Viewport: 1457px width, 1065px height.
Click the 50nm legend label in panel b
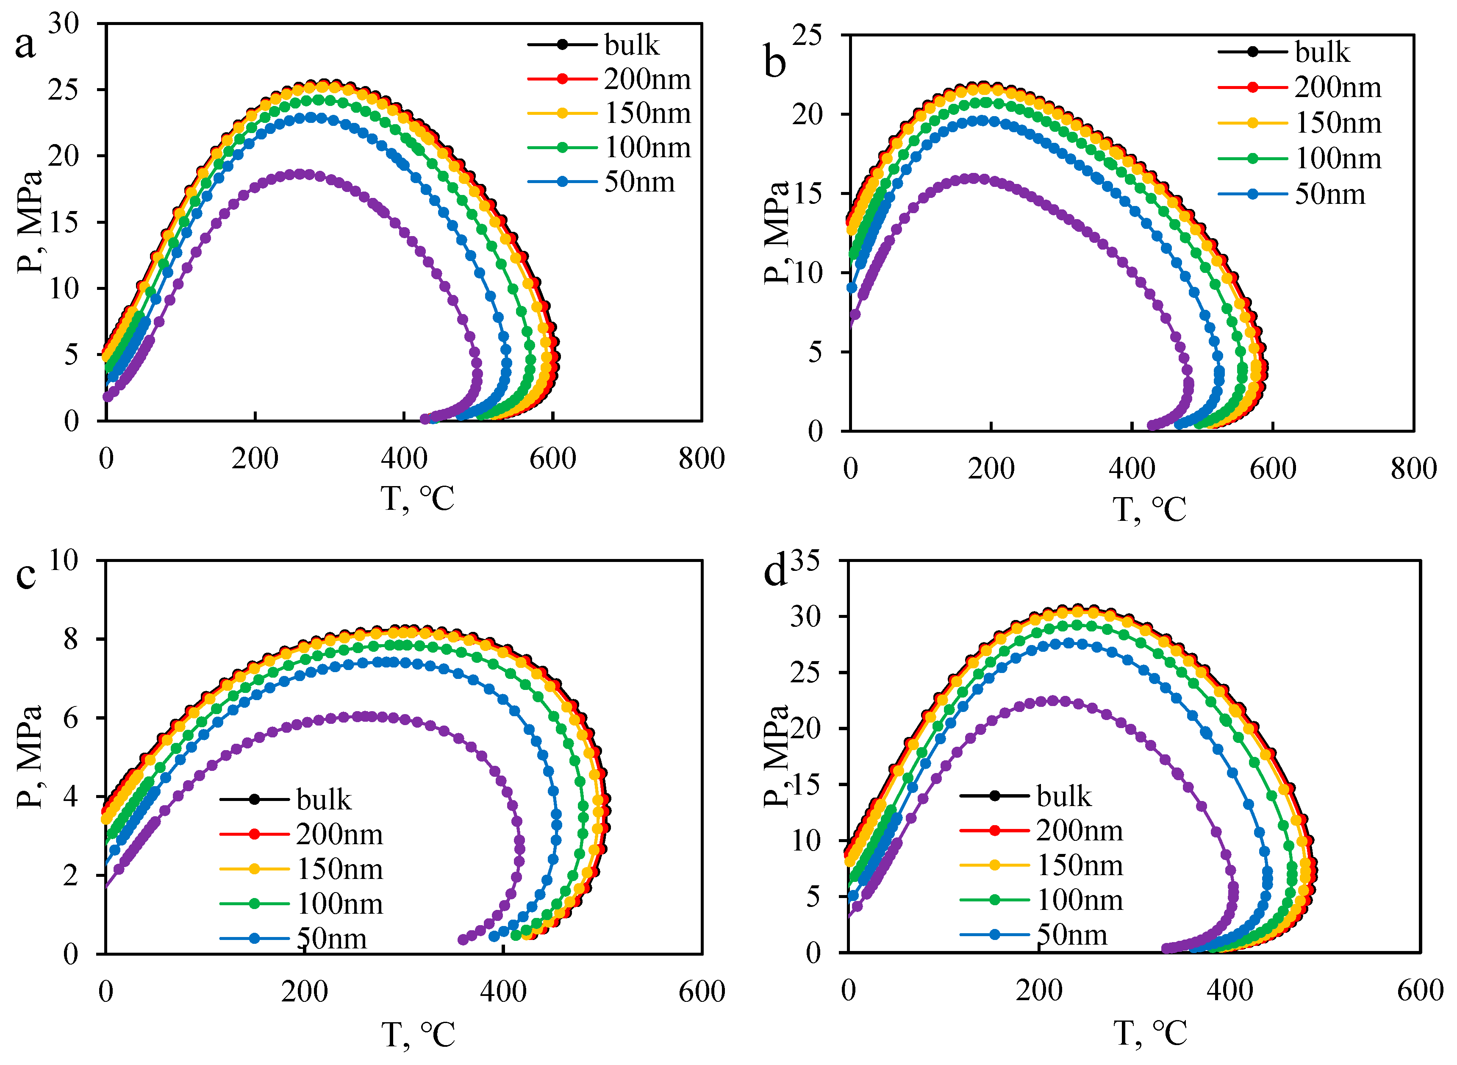pos(1329,194)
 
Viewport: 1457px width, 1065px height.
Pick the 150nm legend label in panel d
pos(1080,865)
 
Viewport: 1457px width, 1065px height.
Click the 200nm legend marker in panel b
pos(1252,87)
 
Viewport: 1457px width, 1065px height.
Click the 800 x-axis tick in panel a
pos(701,459)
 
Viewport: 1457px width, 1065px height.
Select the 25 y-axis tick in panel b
pos(807,36)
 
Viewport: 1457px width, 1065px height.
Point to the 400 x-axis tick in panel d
pos(1229,990)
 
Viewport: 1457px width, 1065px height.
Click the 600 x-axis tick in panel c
pos(702,991)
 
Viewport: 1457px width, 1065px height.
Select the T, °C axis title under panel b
pos(1149,509)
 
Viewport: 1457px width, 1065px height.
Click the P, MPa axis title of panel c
pos(29,757)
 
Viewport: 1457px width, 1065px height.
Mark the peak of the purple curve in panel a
pos(299,174)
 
